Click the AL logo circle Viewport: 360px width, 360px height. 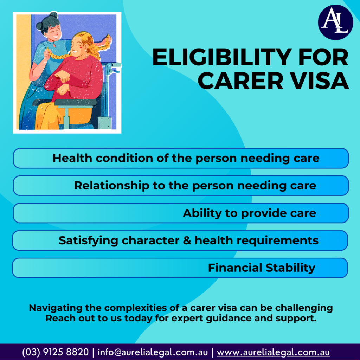pos(335,22)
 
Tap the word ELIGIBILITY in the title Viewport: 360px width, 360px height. pos(222,57)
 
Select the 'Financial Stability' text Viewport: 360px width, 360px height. pos(262,268)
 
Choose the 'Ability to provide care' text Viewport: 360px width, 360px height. pos(249,213)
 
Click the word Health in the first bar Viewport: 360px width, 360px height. pos(72,158)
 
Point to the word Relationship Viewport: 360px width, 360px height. pos(111,186)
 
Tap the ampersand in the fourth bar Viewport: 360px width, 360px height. pos(187,240)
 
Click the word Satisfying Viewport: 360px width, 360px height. pos(88,241)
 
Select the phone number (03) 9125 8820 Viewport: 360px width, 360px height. pos(55,352)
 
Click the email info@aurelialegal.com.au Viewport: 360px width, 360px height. pos(153,352)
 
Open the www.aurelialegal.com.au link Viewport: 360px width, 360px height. pos(273,352)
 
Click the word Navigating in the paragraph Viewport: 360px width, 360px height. pos(56,308)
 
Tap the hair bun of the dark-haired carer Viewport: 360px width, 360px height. pos(53,15)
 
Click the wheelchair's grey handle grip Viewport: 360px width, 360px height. pos(116,65)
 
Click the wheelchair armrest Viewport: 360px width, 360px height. pos(76,102)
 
